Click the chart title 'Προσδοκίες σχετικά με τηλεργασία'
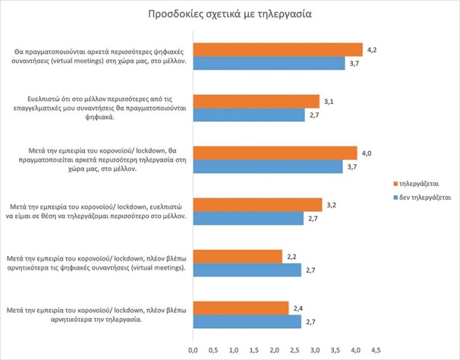tap(229, 13)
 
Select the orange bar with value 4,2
tap(278, 50)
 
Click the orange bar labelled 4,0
tap(274, 153)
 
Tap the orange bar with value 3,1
tap(256, 101)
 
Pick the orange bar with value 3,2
tap(257, 205)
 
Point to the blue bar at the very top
tap(268, 63)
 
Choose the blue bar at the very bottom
tap(247, 321)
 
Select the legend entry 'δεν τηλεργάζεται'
tap(421, 197)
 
